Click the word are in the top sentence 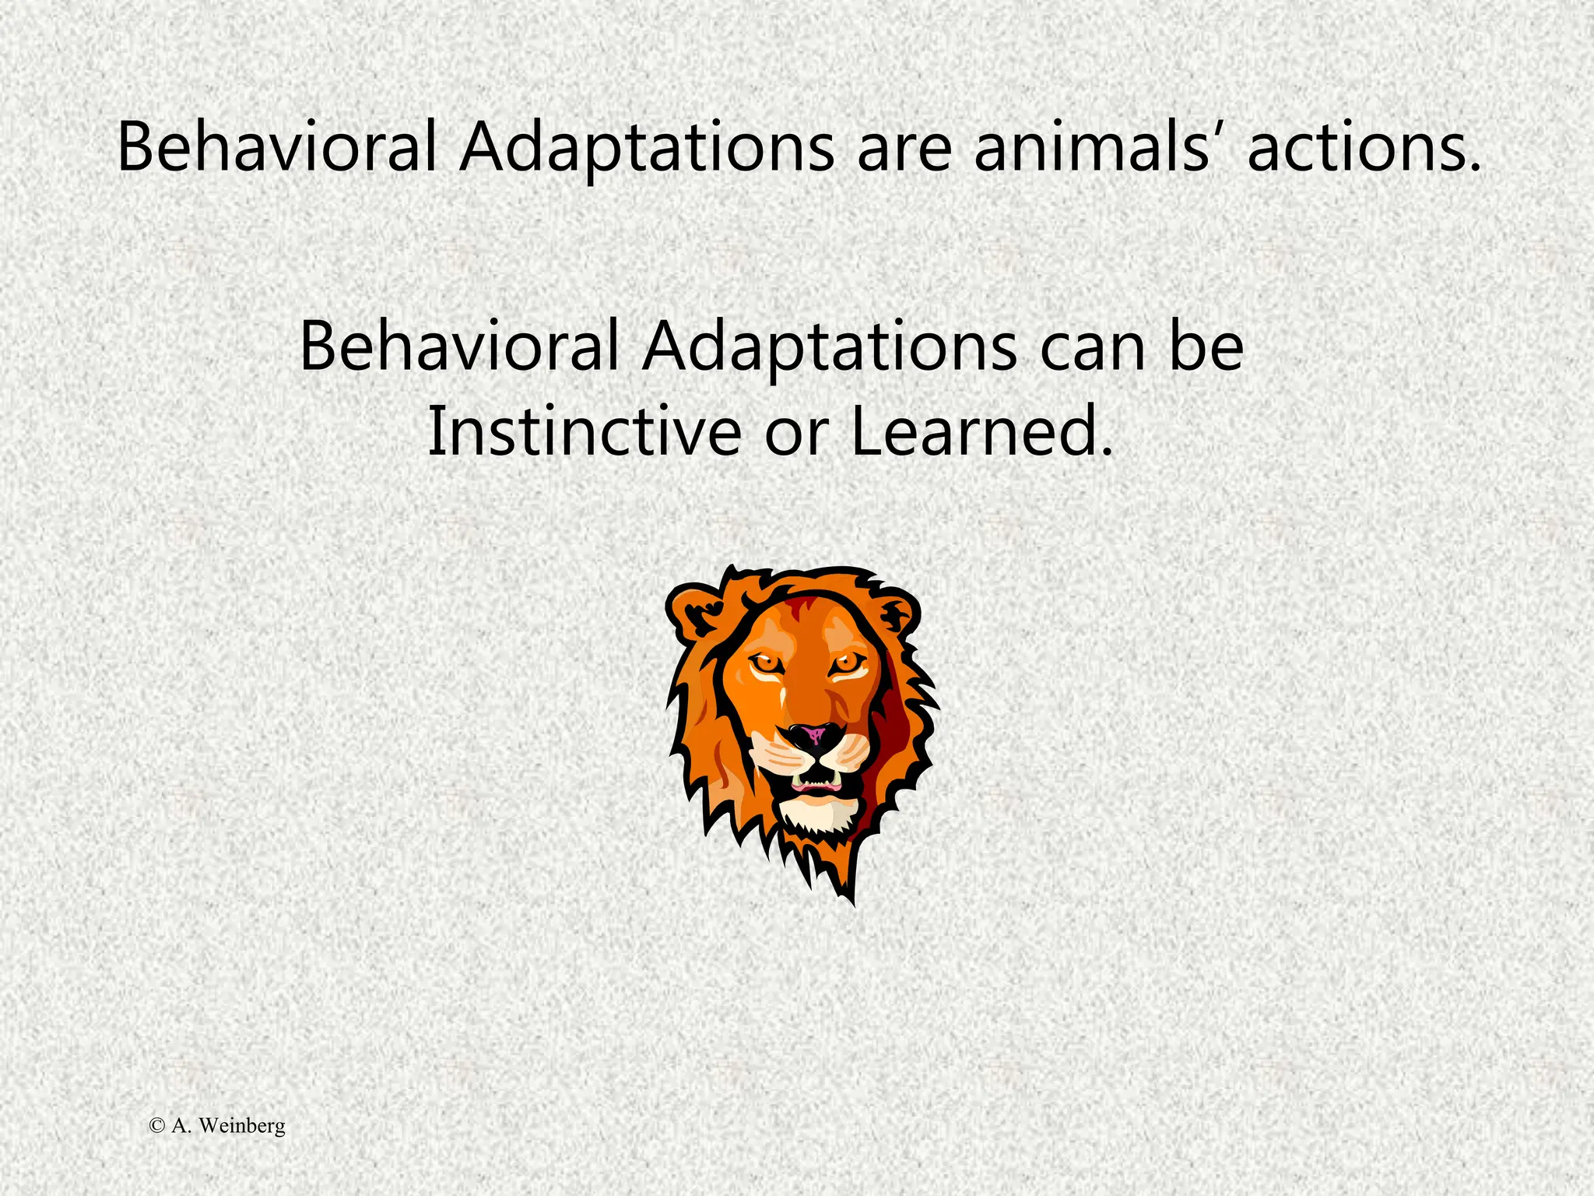pyautogui.click(x=904, y=148)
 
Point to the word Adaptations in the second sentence pyautogui.click(x=829, y=346)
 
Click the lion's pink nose pyautogui.click(x=814, y=733)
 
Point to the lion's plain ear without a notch pyautogui.click(x=899, y=611)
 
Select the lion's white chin pyautogui.click(x=817, y=814)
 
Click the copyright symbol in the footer pyautogui.click(x=157, y=1125)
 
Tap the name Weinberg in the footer pyautogui.click(x=241, y=1126)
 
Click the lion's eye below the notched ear pyautogui.click(x=766, y=663)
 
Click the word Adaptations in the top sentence pyautogui.click(x=646, y=148)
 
